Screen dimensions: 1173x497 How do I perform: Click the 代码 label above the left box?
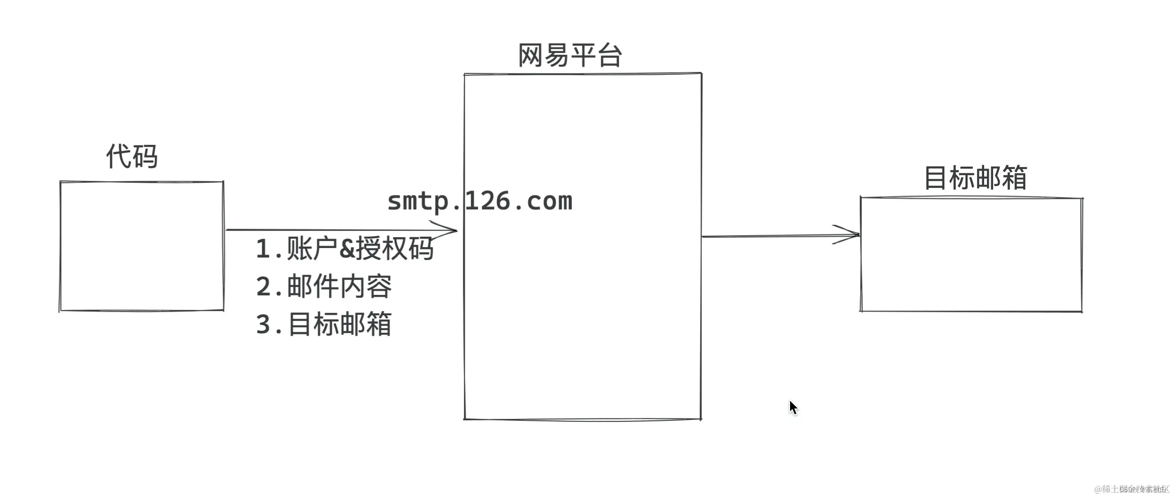pyautogui.click(x=132, y=157)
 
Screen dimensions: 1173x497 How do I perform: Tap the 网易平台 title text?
pyautogui.click(x=570, y=56)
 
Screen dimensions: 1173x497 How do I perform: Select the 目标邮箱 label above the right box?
pyautogui.click(x=975, y=178)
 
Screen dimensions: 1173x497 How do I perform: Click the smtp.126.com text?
pyautogui.click(x=480, y=201)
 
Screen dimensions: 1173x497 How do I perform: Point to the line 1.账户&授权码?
pyautogui.click(x=344, y=248)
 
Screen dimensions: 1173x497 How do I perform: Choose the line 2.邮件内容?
pyautogui.click(x=324, y=286)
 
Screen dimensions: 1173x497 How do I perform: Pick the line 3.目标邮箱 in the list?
pyautogui.click(x=324, y=324)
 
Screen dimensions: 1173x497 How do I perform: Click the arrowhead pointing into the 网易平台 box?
pyautogui.click(x=447, y=230)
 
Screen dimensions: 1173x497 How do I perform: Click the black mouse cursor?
pyautogui.click(x=793, y=407)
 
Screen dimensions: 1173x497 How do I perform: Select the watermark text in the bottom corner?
pyautogui.click(x=1131, y=489)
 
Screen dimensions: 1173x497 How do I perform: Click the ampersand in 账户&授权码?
pyautogui.click(x=347, y=249)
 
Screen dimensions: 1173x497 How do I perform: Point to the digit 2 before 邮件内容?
pyautogui.click(x=263, y=287)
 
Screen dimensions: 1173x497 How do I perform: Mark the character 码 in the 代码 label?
pyautogui.click(x=144, y=157)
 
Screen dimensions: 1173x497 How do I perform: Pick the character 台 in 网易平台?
pyautogui.click(x=609, y=56)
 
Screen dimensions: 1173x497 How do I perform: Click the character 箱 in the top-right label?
pyautogui.click(x=1013, y=178)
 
